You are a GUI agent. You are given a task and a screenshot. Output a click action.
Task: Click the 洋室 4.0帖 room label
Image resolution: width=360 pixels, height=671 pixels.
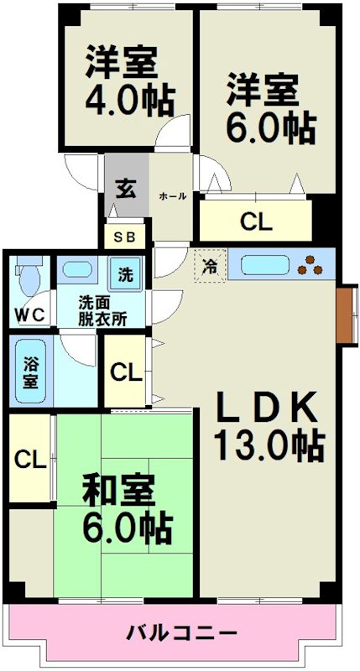pyautogui.click(x=128, y=82)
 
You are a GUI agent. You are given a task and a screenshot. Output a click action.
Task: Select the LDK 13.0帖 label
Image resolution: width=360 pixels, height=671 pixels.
pyautogui.click(x=269, y=426)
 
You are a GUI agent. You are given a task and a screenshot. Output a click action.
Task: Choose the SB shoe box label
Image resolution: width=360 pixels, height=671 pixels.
pyautogui.click(x=124, y=237)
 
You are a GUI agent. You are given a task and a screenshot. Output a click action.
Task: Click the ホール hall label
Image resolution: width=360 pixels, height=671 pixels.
pyautogui.click(x=173, y=196)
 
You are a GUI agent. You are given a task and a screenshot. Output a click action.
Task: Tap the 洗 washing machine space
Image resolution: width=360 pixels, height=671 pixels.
pyautogui.click(x=125, y=273)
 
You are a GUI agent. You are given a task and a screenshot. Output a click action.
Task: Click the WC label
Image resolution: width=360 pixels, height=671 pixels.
pyautogui.click(x=30, y=315)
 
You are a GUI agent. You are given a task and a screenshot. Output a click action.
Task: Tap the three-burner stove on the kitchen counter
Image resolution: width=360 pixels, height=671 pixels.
pyautogui.click(x=316, y=264)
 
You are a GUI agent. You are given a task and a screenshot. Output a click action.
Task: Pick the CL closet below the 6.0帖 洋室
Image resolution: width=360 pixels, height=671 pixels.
pyautogui.click(x=255, y=222)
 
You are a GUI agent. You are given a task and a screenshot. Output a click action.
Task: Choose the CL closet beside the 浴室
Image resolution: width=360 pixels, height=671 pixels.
pyautogui.click(x=126, y=372)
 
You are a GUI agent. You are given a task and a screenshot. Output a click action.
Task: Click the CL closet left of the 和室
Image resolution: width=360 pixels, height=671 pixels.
pyautogui.click(x=29, y=459)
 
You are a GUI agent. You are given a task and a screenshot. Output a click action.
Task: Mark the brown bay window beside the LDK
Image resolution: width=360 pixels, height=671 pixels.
pyautogui.click(x=347, y=314)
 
